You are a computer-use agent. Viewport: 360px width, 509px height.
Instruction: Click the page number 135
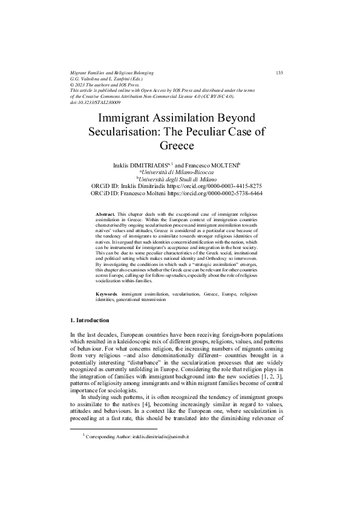click(x=280, y=73)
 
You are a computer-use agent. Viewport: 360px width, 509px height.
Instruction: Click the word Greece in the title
click(x=180, y=146)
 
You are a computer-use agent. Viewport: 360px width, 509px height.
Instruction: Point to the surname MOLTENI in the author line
click(x=223, y=164)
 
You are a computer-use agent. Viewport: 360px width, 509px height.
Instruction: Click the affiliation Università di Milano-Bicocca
click(x=181, y=172)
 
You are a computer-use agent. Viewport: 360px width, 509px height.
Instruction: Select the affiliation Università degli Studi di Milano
click(x=181, y=179)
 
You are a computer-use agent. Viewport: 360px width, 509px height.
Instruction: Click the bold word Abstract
click(x=106, y=215)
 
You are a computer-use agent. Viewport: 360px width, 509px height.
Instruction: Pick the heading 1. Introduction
click(x=90, y=320)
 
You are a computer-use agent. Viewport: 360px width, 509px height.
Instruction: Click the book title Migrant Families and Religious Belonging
click(x=112, y=73)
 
